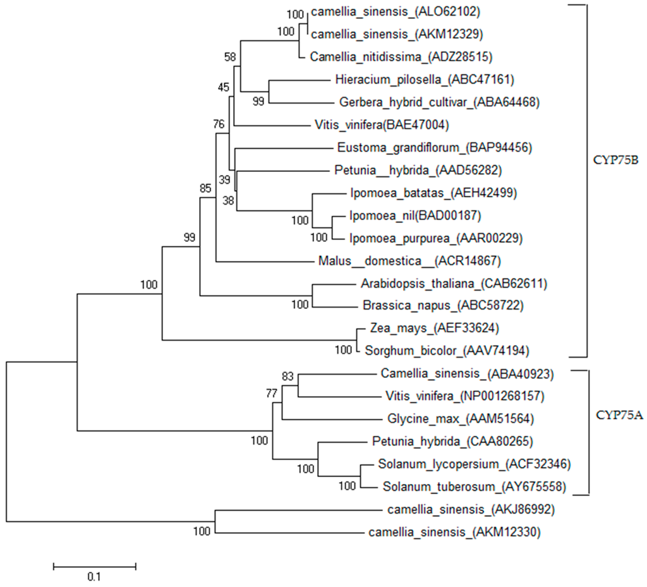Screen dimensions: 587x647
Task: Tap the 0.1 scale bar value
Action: (94, 576)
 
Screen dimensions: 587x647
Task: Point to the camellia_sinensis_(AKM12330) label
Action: (454, 533)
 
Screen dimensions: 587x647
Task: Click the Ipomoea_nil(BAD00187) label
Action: (415, 216)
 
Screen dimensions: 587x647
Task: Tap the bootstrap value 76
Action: (219, 124)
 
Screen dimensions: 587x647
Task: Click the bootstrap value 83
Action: (288, 377)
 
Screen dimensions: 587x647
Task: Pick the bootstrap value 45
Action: (224, 87)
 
